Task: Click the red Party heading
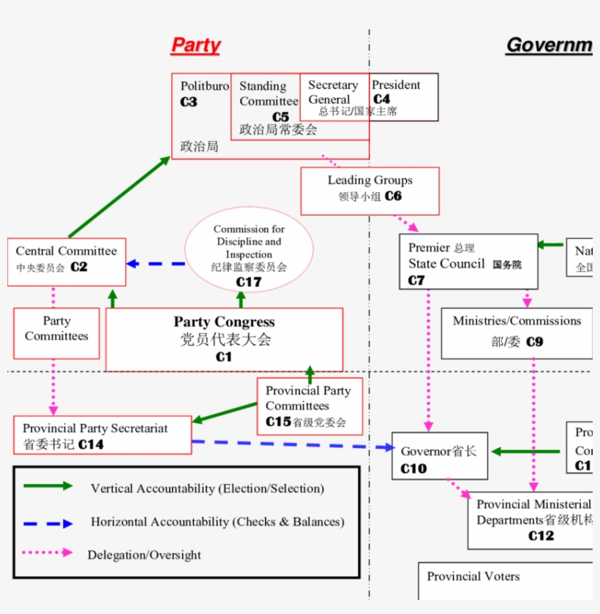point(195,45)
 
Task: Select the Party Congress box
point(224,339)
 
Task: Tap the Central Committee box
point(67,261)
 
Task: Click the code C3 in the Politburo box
point(189,102)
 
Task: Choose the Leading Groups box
point(370,190)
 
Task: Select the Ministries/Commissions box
point(517,333)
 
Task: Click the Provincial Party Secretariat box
point(102,436)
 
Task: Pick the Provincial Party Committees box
point(308,406)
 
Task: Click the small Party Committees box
point(56,333)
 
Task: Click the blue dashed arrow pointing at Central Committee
point(156,264)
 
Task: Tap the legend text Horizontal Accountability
point(217,522)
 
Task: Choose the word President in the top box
point(396,85)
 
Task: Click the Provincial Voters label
point(473,577)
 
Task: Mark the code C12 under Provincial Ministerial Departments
point(541,536)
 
